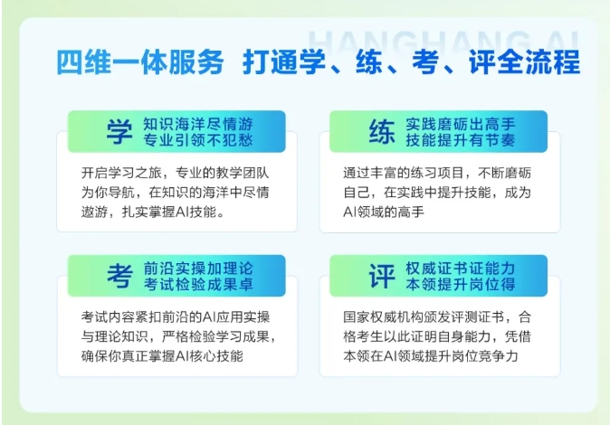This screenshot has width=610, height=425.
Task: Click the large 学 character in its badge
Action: click(x=119, y=132)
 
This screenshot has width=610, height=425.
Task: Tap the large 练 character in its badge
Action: click(x=382, y=132)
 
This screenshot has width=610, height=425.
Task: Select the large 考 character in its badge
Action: click(x=119, y=276)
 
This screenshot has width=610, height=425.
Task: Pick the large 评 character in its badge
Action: click(x=382, y=276)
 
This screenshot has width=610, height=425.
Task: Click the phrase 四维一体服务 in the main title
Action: click(x=140, y=62)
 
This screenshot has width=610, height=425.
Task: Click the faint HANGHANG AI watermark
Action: click(x=443, y=42)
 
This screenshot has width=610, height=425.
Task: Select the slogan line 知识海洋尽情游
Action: click(x=198, y=124)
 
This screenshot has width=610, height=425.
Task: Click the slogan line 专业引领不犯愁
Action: click(x=198, y=140)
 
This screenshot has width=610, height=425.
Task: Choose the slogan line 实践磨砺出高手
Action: click(x=461, y=124)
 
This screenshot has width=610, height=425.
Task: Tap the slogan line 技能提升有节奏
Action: click(x=461, y=140)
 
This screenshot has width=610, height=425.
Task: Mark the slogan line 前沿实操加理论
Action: click(x=198, y=269)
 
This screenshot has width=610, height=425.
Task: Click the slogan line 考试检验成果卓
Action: click(x=198, y=284)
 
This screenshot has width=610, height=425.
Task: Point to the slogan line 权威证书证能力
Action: click(x=461, y=269)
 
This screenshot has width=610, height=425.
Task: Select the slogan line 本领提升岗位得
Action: click(x=461, y=284)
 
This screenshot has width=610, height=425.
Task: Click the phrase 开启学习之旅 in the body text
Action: click(x=121, y=173)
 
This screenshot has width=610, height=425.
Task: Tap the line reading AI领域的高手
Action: click(x=384, y=212)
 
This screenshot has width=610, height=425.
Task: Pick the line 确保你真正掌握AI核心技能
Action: click(x=162, y=355)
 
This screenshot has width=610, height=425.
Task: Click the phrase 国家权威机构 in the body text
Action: click(x=384, y=316)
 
